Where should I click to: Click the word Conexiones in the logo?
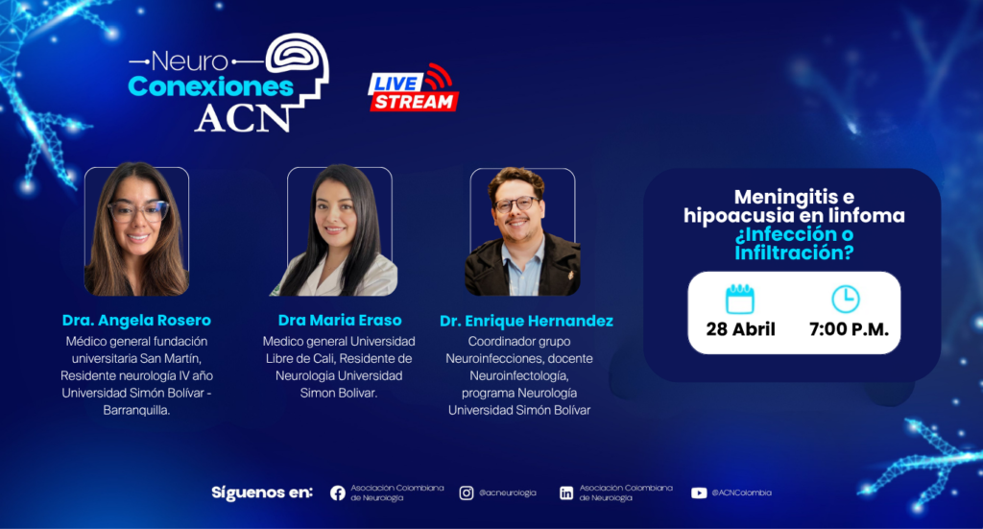point(210,86)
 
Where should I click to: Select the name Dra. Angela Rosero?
point(136,321)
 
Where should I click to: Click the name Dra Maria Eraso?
point(340,321)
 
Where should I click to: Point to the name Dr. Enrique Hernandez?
point(527,321)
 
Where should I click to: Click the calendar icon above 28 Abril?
point(740,299)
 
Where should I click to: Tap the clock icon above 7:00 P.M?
point(846,299)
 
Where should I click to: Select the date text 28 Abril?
point(740,329)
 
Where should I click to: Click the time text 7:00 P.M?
point(849,329)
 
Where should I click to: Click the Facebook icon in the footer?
point(338,493)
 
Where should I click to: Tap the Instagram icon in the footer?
point(467,493)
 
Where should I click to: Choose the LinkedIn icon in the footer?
point(566,493)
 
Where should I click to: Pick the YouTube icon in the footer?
point(699,493)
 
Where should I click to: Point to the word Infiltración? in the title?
point(794,252)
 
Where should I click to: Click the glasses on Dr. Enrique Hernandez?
point(517,204)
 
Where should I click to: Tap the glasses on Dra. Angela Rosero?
point(138,211)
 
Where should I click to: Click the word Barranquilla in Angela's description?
point(136,411)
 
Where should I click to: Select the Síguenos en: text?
point(262,493)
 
